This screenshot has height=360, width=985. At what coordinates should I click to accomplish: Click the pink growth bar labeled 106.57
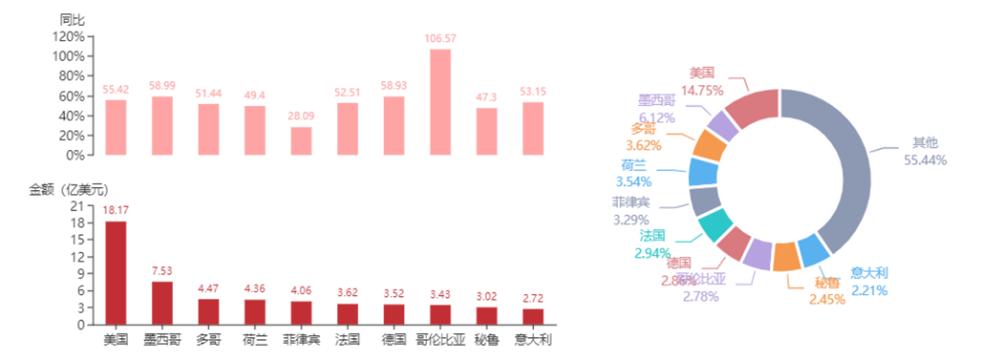[440, 102]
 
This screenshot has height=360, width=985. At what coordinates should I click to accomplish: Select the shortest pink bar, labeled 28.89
[301, 140]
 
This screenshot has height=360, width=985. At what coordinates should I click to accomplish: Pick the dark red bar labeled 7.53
[162, 302]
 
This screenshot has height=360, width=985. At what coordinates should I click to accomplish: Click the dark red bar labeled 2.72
[533, 316]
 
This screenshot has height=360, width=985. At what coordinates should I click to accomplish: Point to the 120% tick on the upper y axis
[70, 37]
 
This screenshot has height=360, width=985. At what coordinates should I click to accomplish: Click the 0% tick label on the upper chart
[76, 155]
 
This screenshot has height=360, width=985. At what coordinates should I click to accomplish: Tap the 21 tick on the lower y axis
[77, 206]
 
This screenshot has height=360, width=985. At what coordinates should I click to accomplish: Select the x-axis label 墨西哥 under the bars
[162, 340]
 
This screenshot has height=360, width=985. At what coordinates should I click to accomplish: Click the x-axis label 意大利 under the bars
[533, 340]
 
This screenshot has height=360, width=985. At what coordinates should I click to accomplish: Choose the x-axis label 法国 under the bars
[347, 340]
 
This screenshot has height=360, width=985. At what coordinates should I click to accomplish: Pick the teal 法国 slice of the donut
[713, 224]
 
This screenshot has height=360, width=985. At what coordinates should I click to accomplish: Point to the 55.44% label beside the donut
[924, 160]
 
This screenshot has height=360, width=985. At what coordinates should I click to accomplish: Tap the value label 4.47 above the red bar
[209, 289]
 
